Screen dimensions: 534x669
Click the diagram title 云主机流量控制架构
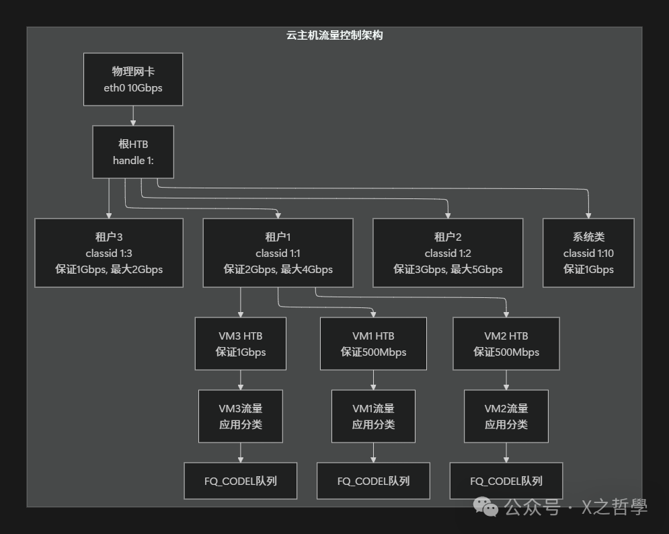click(x=334, y=36)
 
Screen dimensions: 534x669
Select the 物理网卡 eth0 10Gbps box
click(x=133, y=79)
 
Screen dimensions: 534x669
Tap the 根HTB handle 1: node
click(x=133, y=152)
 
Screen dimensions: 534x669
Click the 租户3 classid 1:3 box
click(x=109, y=253)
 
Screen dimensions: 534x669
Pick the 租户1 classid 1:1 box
click(x=278, y=253)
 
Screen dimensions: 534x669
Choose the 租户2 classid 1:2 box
click(x=448, y=253)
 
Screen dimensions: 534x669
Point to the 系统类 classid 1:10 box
click(x=588, y=253)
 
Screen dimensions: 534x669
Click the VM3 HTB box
click(x=241, y=344)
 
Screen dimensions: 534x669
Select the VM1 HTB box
click(x=373, y=344)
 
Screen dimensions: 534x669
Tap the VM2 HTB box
click(x=506, y=344)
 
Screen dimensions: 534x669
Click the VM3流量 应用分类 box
click(x=241, y=416)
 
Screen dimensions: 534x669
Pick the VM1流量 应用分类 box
click(x=373, y=416)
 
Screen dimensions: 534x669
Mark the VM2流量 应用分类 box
click(x=506, y=416)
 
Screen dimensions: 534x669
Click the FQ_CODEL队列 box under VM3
click(x=241, y=481)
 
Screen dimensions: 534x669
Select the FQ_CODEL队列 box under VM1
click(x=373, y=481)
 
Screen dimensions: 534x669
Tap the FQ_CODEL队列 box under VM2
click(x=506, y=481)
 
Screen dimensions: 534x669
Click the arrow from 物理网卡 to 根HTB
click(x=133, y=116)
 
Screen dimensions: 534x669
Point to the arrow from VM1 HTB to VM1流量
click(x=373, y=380)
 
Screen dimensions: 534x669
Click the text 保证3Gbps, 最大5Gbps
click(x=448, y=270)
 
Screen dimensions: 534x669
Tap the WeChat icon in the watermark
click(x=486, y=507)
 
